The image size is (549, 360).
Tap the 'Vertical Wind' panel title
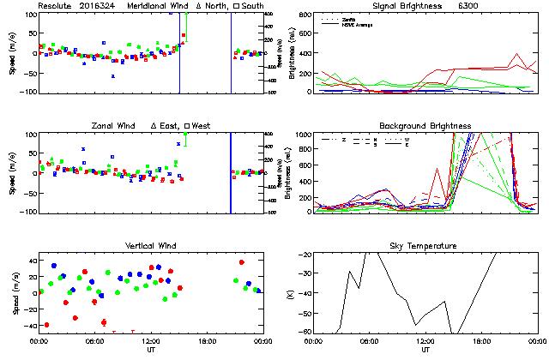(x=150, y=246)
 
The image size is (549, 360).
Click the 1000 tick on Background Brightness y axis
(x=306, y=135)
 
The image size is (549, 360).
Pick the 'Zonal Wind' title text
(x=115, y=126)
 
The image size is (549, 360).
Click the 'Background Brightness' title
(x=425, y=126)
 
